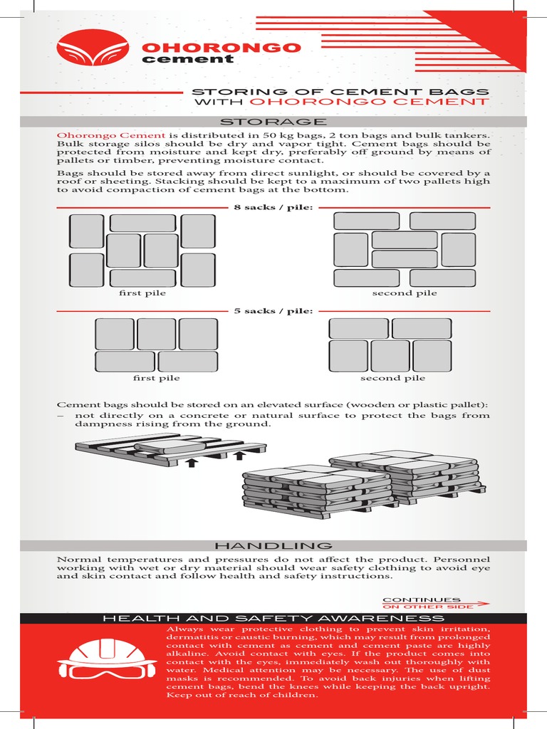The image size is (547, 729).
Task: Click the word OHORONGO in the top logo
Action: point(222,48)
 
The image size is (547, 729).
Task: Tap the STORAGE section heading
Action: point(273,122)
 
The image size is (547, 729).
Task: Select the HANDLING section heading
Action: point(273,545)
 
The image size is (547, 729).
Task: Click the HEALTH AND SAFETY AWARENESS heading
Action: point(273,619)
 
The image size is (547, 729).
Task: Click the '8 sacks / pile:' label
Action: point(273,207)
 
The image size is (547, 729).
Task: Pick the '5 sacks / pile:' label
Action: point(273,311)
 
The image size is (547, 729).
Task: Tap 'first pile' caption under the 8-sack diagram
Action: point(142,293)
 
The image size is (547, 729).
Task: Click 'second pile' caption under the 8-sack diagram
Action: point(404,293)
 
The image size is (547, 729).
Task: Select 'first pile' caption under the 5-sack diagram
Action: point(156,378)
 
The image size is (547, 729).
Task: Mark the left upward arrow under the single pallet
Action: point(191,463)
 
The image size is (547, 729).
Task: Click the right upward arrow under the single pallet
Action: point(240,455)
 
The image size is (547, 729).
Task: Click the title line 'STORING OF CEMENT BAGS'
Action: point(341,92)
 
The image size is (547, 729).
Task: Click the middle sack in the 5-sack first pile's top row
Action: point(156,334)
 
